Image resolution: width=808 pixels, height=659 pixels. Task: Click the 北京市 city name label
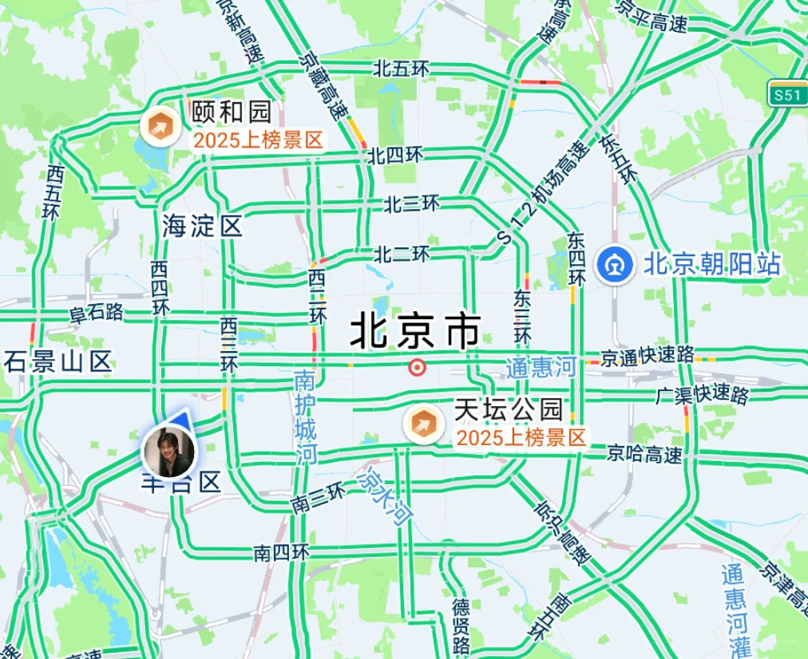pyautogui.click(x=416, y=330)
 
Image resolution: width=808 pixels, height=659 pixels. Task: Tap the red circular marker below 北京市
pyautogui.click(x=416, y=367)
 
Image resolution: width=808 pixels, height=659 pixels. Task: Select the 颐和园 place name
pyautogui.click(x=232, y=112)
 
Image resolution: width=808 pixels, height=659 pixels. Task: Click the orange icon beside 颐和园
pyautogui.click(x=160, y=126)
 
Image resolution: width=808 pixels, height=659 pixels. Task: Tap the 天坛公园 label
pyautogui.click(x=509, y=410)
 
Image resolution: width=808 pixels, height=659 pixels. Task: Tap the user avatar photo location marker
pyautogui.click(x=168, y=452)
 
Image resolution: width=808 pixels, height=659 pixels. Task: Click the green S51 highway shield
pyautogui.click(x=786, y=95)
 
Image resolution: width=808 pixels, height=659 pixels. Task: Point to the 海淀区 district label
pyautogui.click(x=202, y=226)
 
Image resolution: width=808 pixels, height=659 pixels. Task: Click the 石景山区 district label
pyautogui.click(x=57, y=361)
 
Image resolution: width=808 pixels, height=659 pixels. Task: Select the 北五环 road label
pyautogui.click(x=401, y=69)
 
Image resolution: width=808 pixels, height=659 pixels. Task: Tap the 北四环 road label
pyautogui.click(x=394, y=155)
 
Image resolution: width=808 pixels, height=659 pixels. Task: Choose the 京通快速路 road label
pyautogui.click(x=648, y=356)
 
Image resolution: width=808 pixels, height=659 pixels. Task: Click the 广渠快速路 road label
pyautogui.click(x=702, y=394)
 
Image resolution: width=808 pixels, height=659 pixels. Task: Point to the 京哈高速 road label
pyautogui.click(x=645, y=455)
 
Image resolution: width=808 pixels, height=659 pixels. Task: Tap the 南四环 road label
pyautogui.click(x=281, y=551)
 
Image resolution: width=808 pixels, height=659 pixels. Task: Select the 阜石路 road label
pyautogui.click(x=97, y=311)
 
